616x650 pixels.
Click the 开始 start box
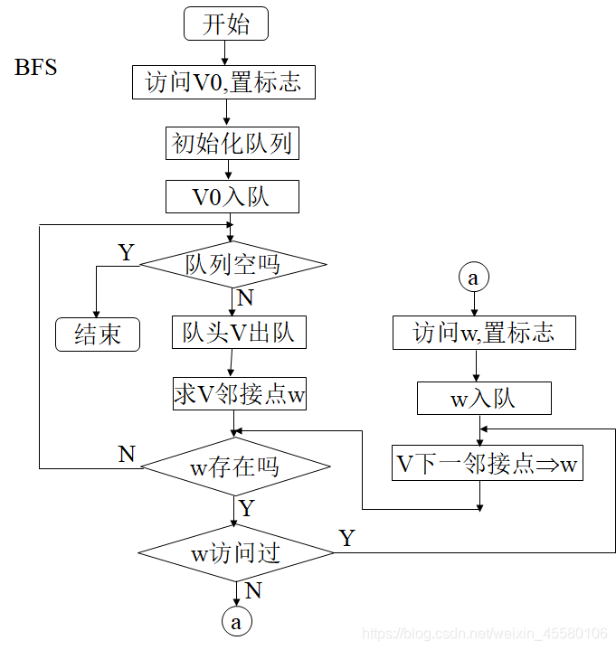(226, 24)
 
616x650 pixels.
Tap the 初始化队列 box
(232, 143)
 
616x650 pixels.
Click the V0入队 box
(232, 196)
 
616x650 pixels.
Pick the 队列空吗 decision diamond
(233, 265)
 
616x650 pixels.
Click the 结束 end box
(98, 334)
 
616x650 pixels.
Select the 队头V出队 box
(239, 332)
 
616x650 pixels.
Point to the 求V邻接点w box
(239, 393)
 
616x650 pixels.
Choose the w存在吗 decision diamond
(234, 467)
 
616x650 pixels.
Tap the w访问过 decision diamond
(235, 553)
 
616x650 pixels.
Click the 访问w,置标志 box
(485, 332)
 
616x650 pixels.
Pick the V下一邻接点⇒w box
(487, 464)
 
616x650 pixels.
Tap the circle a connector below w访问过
(236, 622)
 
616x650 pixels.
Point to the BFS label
(36, 68)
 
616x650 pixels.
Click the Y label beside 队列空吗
(127, 253)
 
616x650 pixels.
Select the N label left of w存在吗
(127, 454)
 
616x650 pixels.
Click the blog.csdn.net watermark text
(484, 634)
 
